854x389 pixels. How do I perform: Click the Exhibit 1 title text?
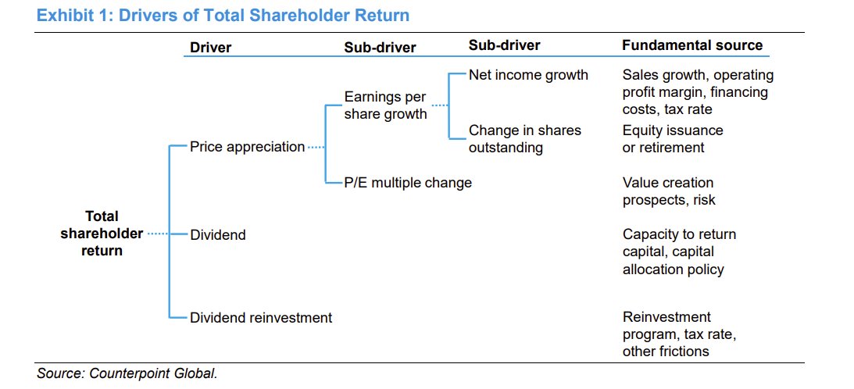coord(223,15)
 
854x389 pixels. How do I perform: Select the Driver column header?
coord(210,47)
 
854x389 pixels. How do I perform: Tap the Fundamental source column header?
coord(691,45)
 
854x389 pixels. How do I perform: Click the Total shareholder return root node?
coord(102,234)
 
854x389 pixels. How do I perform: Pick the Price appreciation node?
coord(247,147)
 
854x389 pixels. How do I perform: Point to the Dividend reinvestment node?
coord(261,317)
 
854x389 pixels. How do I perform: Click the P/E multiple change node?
coord(408,183)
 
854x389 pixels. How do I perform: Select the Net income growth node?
coord(528,75)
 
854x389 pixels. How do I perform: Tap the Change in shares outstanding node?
coord(525,138)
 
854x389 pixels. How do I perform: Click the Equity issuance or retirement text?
coord(672,138)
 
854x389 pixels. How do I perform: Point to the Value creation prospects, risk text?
coord(669,191)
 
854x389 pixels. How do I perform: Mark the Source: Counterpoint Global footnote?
coord(127,373)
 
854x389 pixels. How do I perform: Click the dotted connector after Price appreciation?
coord(315,147)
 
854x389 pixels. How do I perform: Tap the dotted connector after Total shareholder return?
coord(157,234)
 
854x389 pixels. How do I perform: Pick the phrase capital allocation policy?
coord(673,261)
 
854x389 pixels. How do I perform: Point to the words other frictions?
coord(666,351)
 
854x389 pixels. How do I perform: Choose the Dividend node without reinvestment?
coord(218,234)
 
